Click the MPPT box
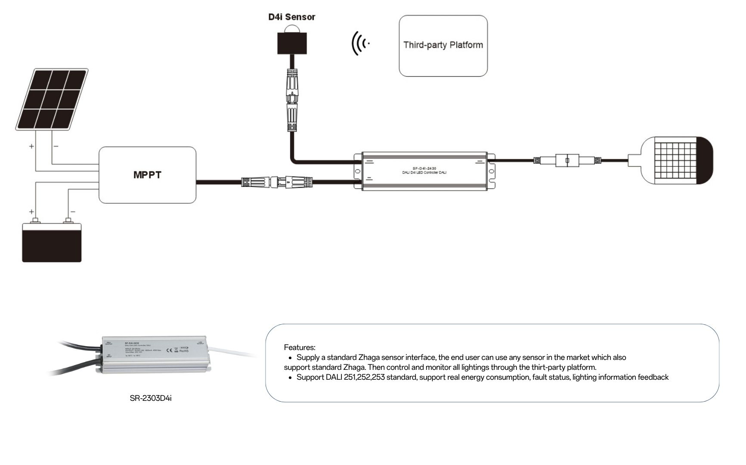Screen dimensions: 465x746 (x=147, y=175)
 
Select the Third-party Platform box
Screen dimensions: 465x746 (x=443, y=46)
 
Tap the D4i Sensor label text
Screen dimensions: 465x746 (x=291, y=17)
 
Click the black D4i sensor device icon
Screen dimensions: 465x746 (x=292, y=41)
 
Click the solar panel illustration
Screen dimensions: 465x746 (x=52, y=99)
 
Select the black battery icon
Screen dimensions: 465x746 (x=52, y=242)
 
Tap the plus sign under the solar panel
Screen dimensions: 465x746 (x=31, y=146)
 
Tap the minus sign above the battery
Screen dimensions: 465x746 (x=73, y=211)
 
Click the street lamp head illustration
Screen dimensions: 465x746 (x=676, y=160)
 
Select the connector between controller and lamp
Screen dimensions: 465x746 (x=567, y=161)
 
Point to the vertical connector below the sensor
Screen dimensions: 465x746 (x=292, y=100)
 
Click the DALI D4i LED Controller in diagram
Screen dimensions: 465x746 (x=424, y=171)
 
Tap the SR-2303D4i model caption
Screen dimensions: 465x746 (x=151, y=398)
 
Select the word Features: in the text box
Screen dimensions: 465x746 (x=300, y=347)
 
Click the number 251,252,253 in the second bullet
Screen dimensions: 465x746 (x=364, y=377)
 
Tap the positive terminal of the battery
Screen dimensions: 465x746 (x=35, y=220)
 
